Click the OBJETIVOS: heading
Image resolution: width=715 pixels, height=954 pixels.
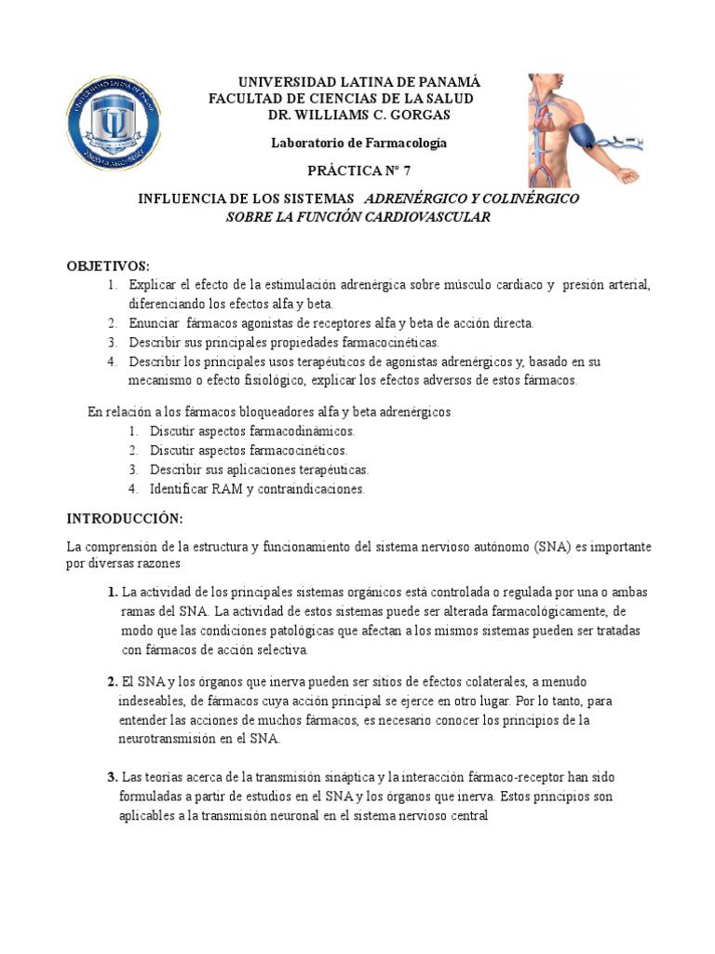point(108,266)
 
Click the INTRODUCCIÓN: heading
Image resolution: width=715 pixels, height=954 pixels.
point(126,517)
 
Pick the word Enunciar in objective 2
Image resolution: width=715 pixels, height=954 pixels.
point(153,323)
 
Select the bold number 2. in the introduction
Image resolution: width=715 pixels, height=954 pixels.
point(112,681)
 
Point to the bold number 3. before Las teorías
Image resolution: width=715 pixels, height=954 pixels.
point(112,777)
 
